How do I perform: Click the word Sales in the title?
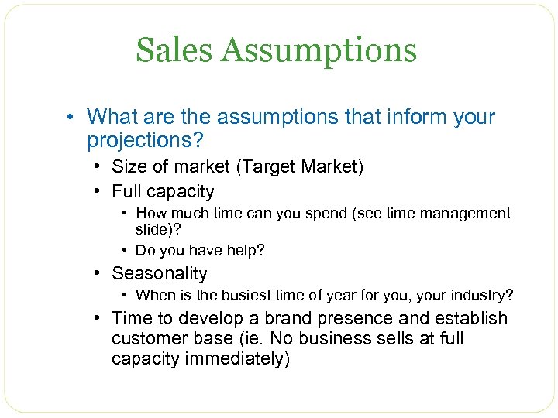[x=174, y=50]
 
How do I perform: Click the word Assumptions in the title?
[x=319, y=52]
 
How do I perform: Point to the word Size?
[x=129, y=166]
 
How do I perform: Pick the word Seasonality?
[x=160, y=273]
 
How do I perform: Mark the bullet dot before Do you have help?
[x=126, y=250]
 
